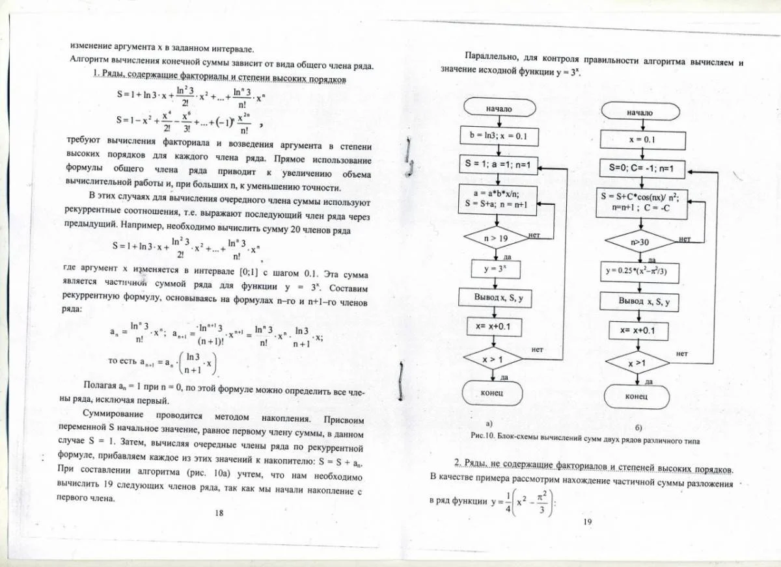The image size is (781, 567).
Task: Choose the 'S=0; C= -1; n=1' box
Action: pyautogui.click(x=642, y=170)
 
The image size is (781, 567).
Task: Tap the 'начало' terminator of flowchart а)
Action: pyautogui.click(x=499, y=109)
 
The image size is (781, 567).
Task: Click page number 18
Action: pyautogui.click(x=219, y=512)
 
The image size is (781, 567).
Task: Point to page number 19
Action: pyautogui.click(x=587, y=521)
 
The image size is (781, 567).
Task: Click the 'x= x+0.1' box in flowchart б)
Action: pyautogui.click(x=642, y=330)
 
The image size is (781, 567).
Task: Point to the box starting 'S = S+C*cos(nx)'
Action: pyautogui.click(x=642, y=201)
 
